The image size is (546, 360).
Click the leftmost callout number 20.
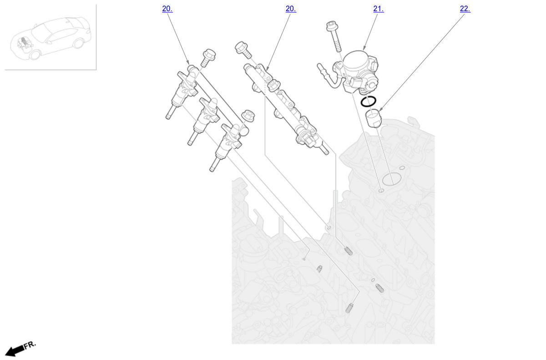pos(167,9)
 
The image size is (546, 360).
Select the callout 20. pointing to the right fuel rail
pos(291,9)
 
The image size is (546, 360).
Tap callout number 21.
pos(378,9)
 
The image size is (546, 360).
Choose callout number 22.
pos(465,9)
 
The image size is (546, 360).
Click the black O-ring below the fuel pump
pos(361,101)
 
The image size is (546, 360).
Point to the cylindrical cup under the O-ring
pos(373,119)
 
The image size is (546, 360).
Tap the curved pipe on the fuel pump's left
pos(328,77)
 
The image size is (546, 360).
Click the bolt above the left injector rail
pos(208,57)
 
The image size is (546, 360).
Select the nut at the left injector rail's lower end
pos(248,116)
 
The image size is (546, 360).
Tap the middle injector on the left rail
pos(203,121)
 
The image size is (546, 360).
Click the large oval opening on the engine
pos(391,179)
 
